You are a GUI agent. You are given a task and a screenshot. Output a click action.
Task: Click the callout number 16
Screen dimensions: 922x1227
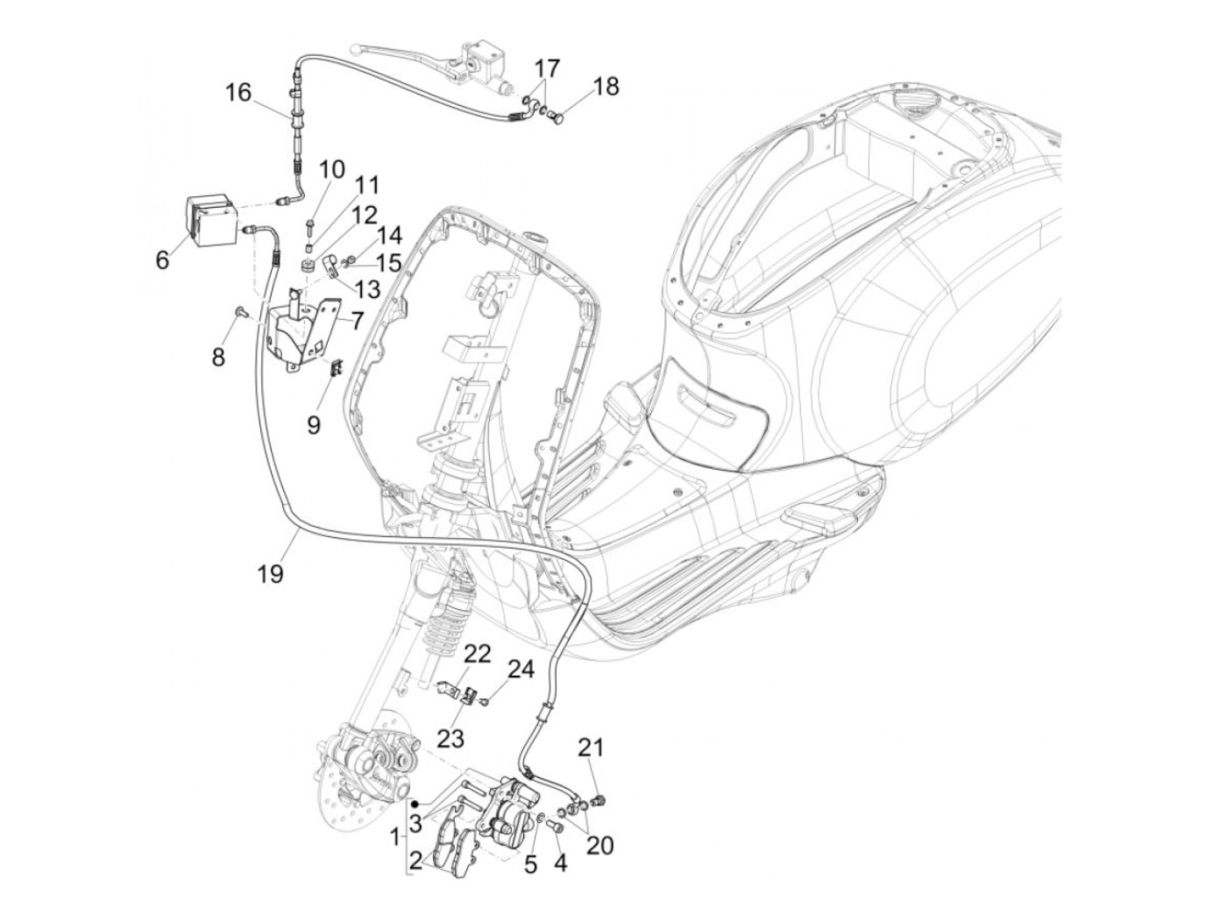click(x=238, y=92)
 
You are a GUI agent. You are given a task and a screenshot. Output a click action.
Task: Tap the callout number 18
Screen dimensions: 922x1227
click(x=606, y=86)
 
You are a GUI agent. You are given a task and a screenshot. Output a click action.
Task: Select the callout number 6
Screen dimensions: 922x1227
click(x=161, y=259)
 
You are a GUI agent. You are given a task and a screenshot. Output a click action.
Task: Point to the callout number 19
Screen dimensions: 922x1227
click(x=271, y=574)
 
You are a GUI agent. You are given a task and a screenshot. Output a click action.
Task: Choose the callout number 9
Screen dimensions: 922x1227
click(x=314, y=425)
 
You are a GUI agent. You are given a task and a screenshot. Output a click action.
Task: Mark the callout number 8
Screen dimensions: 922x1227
click(x=217, y=357)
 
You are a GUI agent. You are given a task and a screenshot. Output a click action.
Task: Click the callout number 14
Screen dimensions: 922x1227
click(x=390, y=235)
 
